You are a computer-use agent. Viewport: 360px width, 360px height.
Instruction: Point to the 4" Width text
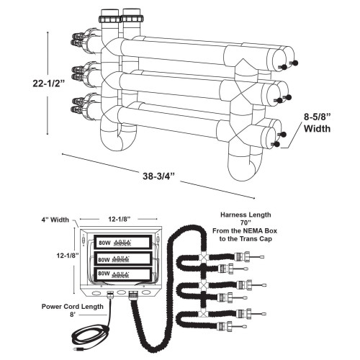point(55,220)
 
